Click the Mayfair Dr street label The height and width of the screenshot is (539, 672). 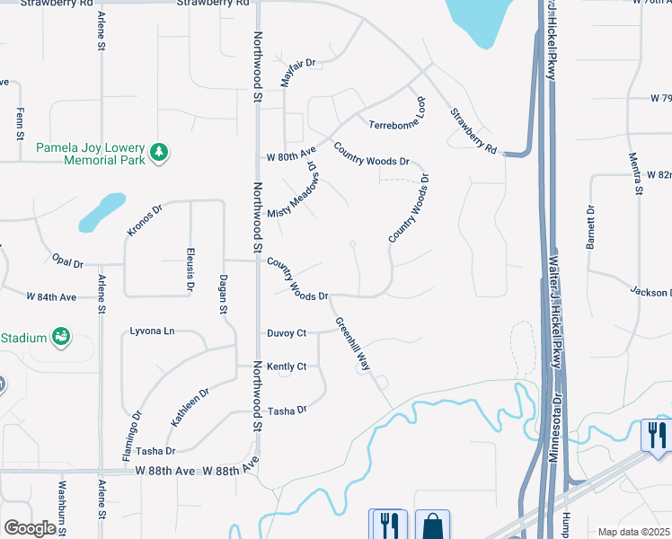coord(299,72)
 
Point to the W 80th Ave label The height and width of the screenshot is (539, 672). coord(292,156)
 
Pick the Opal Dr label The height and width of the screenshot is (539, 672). coord(67,262)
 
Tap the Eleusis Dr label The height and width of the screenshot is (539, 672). coord(190,269)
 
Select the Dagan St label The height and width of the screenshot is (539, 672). coord(222,295)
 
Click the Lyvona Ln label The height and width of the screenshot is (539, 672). coord(152,331)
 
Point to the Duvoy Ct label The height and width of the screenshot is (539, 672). coord(287,333)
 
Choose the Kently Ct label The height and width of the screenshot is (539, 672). coord(287,367)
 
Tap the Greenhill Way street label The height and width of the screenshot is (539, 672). coord(353,343)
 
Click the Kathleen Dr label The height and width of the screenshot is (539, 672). coord(189,407)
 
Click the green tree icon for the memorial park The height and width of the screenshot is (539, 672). coord(159,152)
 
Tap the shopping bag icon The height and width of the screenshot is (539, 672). coord(432,525)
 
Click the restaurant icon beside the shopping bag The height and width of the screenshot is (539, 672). coord(388,525)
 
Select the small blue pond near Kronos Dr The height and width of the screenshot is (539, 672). coord(101,211)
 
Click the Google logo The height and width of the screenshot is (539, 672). coord(30,528)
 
